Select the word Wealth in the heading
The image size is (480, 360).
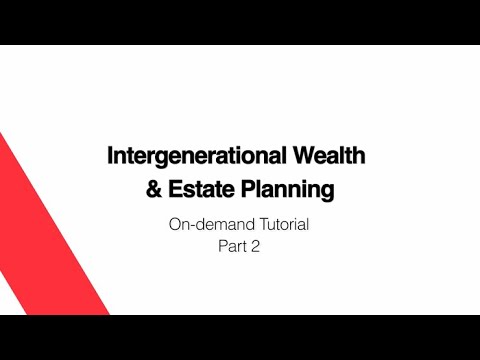[329, 157]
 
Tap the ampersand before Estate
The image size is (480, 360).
[154, 188]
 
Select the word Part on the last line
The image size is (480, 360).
[232, 248]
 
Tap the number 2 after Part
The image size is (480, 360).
[256, 248]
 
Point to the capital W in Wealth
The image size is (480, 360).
[306, 157]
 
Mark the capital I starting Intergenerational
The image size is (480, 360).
[110, 157]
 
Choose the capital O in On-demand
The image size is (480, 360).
[175, 225]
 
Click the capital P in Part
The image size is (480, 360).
[222, 248]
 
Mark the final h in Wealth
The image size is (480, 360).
[359, 157]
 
